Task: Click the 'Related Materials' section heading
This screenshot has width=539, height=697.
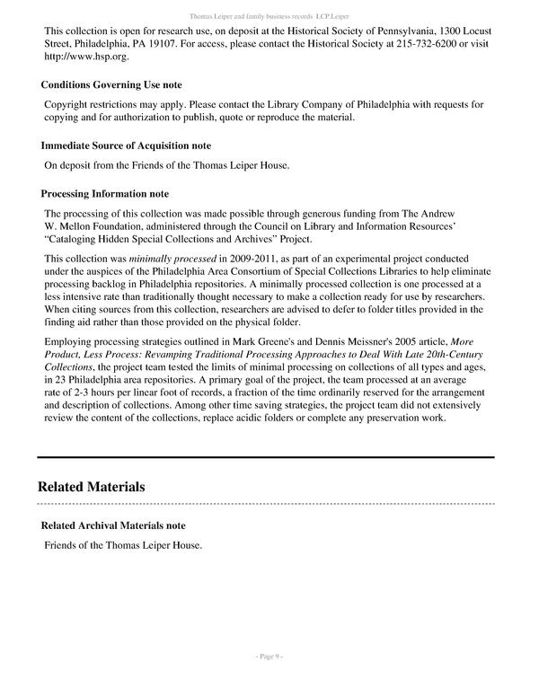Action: (x=91, y=488)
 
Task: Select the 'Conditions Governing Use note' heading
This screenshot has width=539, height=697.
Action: (x=111, y=85)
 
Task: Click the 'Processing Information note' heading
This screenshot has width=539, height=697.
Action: (x=105, y=194)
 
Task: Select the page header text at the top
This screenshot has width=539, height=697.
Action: (x=269, y=16)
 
